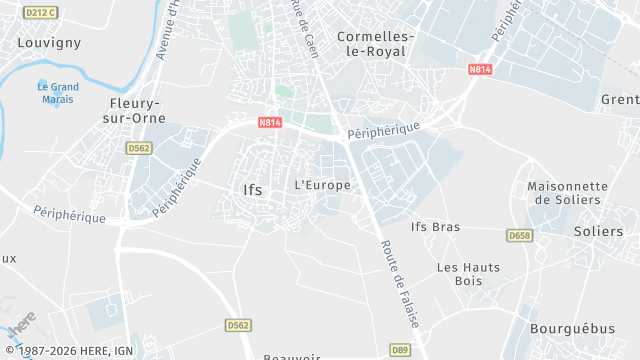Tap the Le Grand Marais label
tap(58, 92)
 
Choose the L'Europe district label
tap(323, 185)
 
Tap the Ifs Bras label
tap(436, 226)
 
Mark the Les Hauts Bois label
tap(460, 274)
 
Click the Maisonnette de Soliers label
tap(567, 193)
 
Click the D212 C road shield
tap(40, 12)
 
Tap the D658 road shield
tap(518, 236)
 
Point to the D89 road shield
tap(400, 349)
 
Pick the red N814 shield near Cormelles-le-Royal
tap(480, 70)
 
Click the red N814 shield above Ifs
tap(269, 123)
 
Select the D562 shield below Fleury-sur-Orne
tap(138, 148)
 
